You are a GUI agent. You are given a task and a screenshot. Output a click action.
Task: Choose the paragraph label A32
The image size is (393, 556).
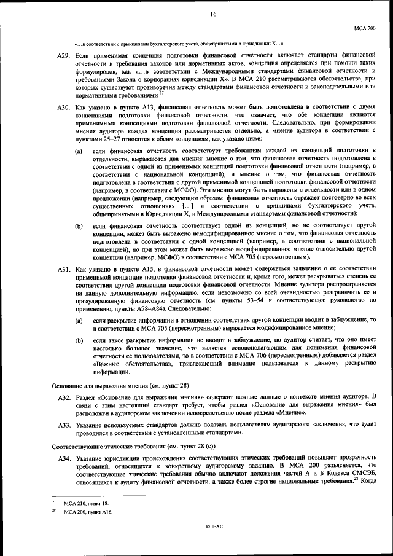click(65, 399)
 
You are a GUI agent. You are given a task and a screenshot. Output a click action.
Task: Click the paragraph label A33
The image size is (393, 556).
click(65, 425)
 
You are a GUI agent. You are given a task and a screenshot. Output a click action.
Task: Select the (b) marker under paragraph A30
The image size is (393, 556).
click(79, 227)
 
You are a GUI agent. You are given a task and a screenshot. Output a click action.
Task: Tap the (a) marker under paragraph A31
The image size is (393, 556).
click(79, 321)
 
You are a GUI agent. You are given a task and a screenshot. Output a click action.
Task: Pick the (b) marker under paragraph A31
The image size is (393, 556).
click(79, 340)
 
